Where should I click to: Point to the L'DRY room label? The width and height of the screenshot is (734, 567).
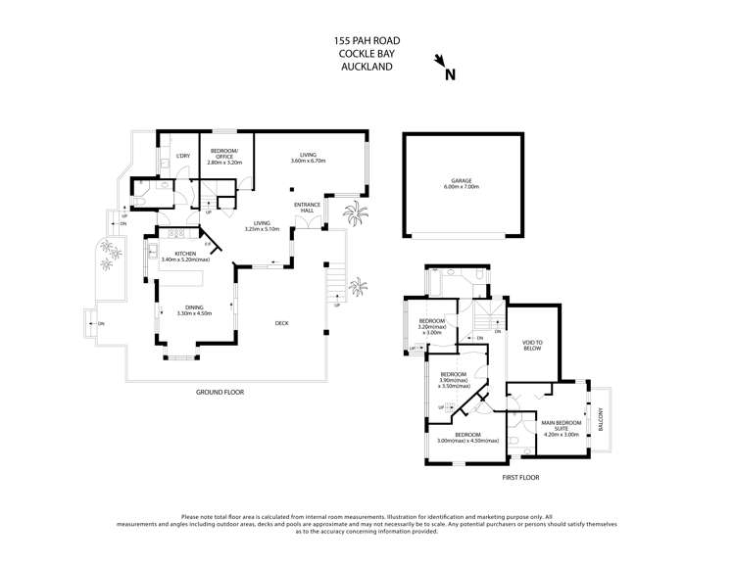182,157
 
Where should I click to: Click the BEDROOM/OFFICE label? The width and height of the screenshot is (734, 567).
224,157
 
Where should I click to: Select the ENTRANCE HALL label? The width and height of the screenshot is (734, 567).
307,208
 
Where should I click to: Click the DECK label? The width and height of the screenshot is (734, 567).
281,324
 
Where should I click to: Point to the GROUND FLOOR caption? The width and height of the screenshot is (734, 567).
220,392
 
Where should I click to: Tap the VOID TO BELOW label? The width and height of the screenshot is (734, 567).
533,344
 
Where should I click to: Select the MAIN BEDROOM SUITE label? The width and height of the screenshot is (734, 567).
562,425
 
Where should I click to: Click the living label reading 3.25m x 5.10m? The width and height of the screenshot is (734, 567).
263,226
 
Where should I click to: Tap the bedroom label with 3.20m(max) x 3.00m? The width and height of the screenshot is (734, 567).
432,327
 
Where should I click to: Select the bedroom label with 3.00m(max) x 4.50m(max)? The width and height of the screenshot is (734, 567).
466,438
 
